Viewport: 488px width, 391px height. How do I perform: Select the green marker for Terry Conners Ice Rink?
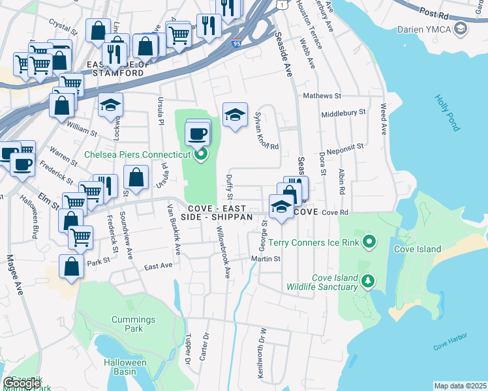pyautogui.click(x=369, y=243)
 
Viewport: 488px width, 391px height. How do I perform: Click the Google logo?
pyautogui.click(x=22, y=383)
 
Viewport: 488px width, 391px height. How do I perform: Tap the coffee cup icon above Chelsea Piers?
pyautogui.click(x=197, y=134)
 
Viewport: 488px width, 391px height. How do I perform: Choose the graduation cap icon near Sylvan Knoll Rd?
pyautogui.click(x=235, y=115)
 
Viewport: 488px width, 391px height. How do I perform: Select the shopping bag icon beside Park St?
pyautogui.click(x=71, y=267)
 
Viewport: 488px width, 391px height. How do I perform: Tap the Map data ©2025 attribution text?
pyautogui.click(x=460, y=386)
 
